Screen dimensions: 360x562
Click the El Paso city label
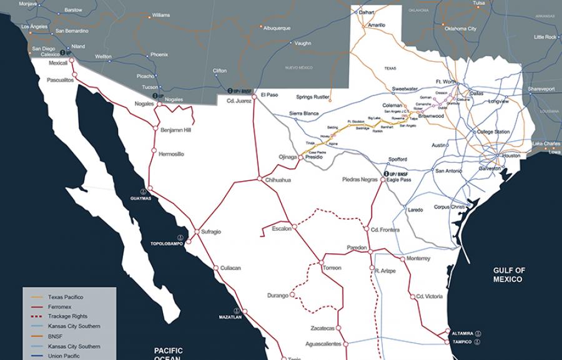(x=270, y=95)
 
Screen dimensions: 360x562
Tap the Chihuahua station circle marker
(x=260, y=179)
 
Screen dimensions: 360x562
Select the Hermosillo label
(x=172, y=153)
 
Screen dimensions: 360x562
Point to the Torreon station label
(x=332, y=268)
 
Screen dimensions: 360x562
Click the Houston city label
(x=510, y=155)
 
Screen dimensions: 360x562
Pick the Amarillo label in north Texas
(x=377, y=25)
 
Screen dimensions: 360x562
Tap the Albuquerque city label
(x=277, y=28)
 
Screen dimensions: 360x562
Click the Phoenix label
(x=159, y=54)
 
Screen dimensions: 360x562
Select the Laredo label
(x=415, y=210)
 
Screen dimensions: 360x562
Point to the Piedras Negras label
(x=360, y=180)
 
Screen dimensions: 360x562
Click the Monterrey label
(x=418, y=258)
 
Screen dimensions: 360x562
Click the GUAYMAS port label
(x=140, y=198)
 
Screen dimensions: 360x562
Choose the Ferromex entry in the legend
(x=61, y=307)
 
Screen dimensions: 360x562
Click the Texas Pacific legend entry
(x=66, y=297)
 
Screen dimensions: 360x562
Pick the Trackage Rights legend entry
(x=67, y=316)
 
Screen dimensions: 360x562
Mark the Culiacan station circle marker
(x=216, y=268)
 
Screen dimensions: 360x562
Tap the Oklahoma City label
(x=460, y=29)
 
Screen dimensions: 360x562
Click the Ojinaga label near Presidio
(x=287, y=157)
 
